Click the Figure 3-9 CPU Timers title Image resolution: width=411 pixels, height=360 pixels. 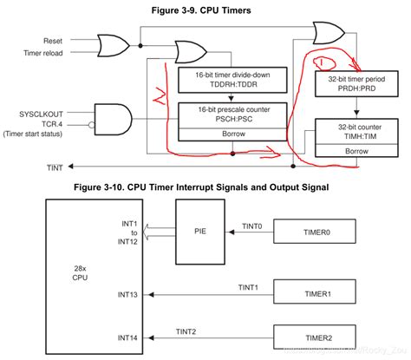coord(205,10)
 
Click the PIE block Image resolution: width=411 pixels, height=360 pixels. coord(199,232)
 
